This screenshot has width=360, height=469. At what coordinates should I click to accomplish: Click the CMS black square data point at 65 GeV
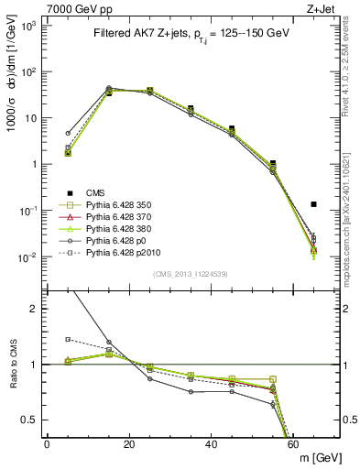(313, 204)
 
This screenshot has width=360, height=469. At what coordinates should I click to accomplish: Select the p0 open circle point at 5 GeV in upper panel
(68, 133)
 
